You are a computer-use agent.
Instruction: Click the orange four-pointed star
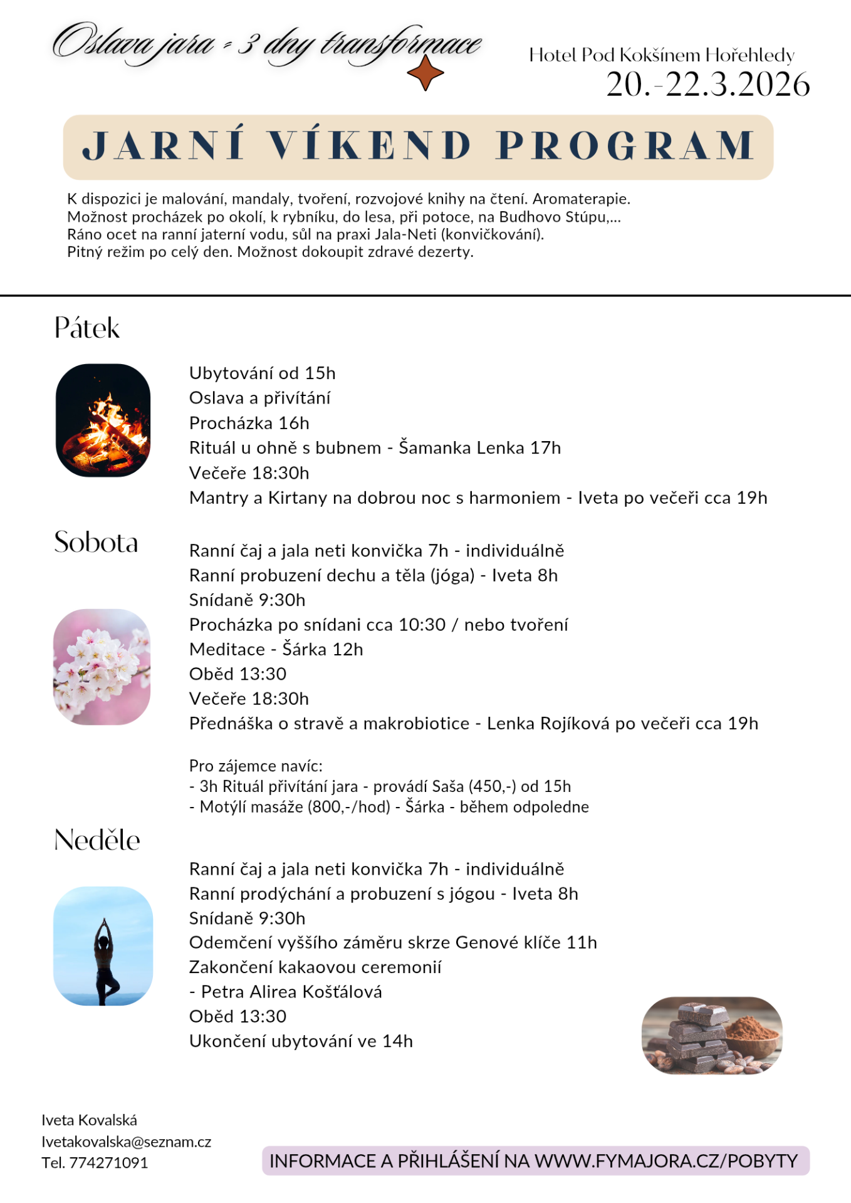pos(425,73)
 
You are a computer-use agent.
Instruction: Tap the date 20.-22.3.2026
pos(707,85)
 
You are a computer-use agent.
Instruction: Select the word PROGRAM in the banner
pos(626,146)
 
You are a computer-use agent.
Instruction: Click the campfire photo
pos(103,420)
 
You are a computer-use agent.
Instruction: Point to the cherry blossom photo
pos(102,667)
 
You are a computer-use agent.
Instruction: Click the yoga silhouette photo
pos(103,945)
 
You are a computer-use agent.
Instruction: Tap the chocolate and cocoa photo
pos(712,1035)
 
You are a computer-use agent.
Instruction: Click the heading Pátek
pos(86,328)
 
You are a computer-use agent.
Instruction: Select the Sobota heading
pos(96,543)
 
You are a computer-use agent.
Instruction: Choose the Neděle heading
pos(97,840)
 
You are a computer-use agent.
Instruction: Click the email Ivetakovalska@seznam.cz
pos(127,1142)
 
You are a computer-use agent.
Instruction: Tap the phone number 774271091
pos(108,1163)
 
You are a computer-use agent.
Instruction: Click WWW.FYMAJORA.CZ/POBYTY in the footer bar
pos(666,1161)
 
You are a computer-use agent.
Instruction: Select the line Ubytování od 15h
pos(263,373)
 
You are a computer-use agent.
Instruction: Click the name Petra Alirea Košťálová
pos(291,992)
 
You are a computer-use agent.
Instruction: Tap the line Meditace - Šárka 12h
pos(276,649)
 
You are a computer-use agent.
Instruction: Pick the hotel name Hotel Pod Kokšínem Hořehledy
pos(662,55)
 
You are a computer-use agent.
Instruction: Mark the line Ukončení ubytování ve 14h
pos(301,1041)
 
